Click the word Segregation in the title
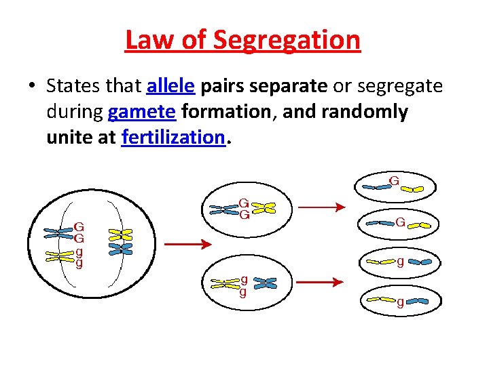point(287,40)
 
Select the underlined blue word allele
point(171,86)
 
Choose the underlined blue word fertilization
point(173,137)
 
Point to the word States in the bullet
point(71,86)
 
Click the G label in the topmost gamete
point(394,181)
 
